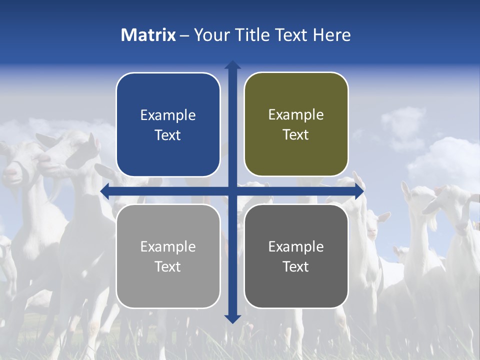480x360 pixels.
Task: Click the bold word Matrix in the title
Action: (x=148, y=35)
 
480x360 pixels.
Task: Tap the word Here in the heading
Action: (x=331, y=35)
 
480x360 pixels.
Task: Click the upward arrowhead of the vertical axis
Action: (x=232, y=65)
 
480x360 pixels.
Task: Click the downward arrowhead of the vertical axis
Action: (x=232, y=318)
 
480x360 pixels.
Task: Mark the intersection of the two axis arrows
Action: (x=232, y=191)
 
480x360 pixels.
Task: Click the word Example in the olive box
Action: (x=296, y=115)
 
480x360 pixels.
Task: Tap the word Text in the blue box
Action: (x=168, y=135)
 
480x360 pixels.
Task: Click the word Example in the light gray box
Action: (x=168, y=246)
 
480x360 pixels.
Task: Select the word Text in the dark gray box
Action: (x=296, y=267)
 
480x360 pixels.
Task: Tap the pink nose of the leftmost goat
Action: (x=10, y=172)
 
